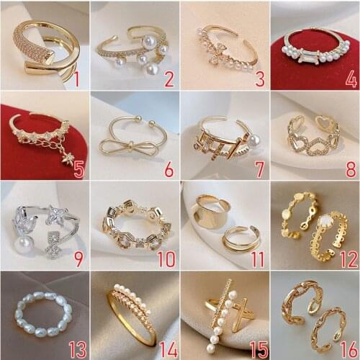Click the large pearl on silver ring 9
pos(16,250)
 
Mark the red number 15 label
pos(255,349)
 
